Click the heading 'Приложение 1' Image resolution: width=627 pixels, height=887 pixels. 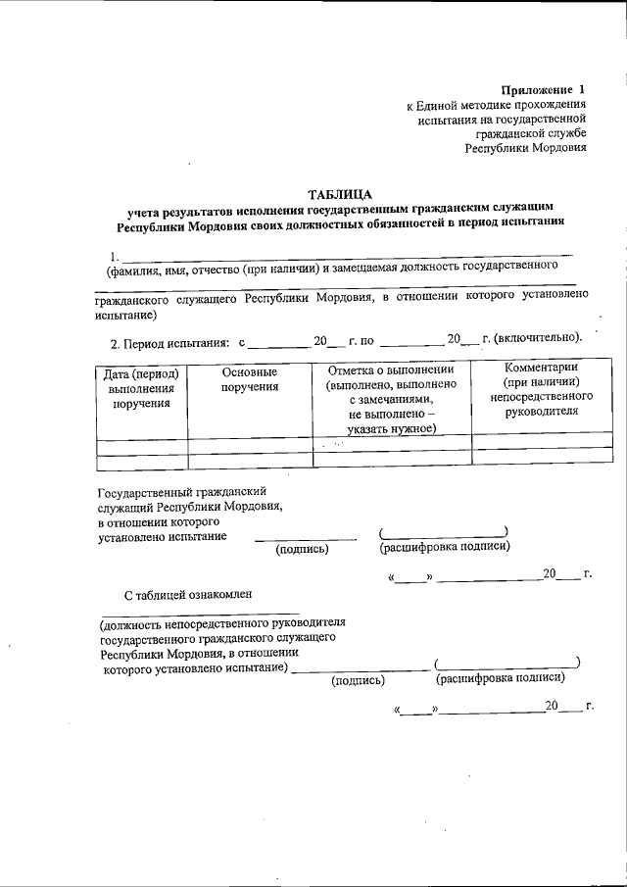(x=542, y=89)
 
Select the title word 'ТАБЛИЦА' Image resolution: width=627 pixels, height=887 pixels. (x=341, y=194)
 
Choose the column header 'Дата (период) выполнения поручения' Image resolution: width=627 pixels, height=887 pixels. (x=140, y=387)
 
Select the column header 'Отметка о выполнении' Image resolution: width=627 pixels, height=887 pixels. (x=391, y=370)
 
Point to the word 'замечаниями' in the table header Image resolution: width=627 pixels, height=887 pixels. (x=389, y=400)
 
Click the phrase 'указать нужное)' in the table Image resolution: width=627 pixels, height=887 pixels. (x=390, y=429)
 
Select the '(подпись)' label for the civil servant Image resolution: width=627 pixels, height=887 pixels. (x=303, y=549)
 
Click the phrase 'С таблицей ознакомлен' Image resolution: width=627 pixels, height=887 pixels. (x=187, y=594)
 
